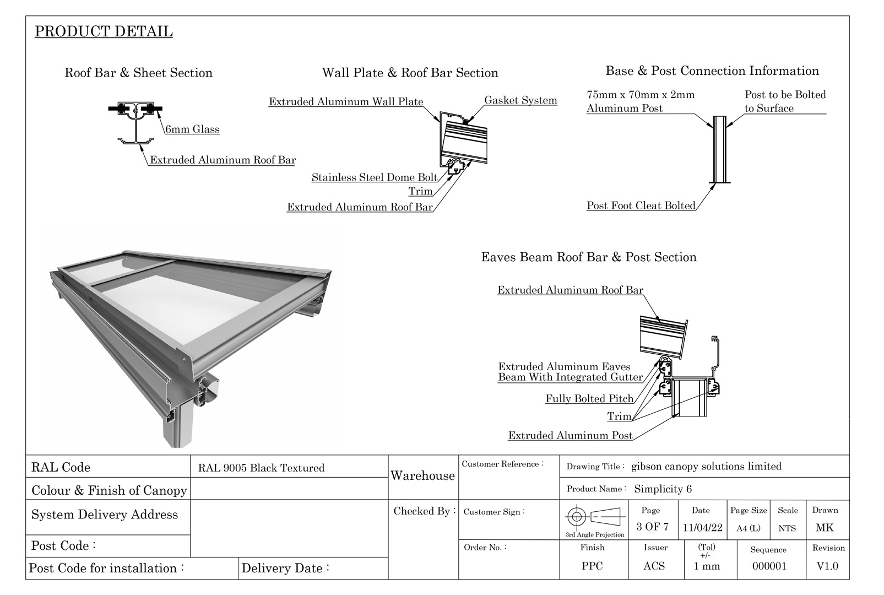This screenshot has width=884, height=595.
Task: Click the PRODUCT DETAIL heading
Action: click(104, 31)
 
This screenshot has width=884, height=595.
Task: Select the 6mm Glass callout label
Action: click(192, 129)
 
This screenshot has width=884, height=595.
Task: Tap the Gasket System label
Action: click(520, 100)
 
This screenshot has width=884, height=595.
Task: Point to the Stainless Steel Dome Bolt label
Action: click(375, 177)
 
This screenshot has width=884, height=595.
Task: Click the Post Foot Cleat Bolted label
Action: click(641, 205)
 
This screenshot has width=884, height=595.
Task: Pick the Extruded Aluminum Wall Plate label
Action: click(346, 101)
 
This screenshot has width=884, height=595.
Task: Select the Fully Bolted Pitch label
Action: click(589, 399)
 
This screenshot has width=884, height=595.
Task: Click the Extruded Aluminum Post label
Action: click(570, 435)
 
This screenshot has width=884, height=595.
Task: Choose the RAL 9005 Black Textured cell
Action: click(261, 468)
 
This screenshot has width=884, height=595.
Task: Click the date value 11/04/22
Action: click(702, 528)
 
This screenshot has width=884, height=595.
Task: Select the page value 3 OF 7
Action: click(652, 527)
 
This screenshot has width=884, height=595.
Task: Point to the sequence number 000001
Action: click(769, 566)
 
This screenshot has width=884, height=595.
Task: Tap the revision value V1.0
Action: click(827, 566)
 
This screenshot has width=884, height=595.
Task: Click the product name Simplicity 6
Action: click(663, 489)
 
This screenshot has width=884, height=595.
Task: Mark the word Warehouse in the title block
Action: click(422, 476)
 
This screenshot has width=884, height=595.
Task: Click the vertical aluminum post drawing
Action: click(719, 150)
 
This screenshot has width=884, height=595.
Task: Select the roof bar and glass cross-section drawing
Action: click(135, 122)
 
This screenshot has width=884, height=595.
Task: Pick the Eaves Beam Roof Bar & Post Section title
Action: click(589, 257)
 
